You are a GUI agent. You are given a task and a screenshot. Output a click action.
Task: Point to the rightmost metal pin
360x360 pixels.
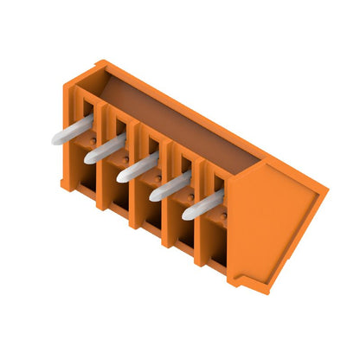tap(201, 205)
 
